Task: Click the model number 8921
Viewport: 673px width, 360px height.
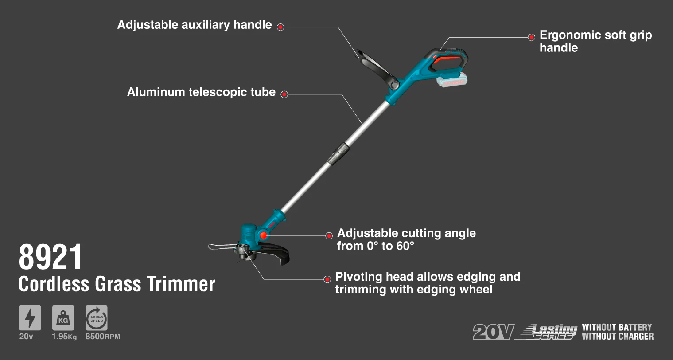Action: (50, 257)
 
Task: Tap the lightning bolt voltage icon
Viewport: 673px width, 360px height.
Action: (30, 318)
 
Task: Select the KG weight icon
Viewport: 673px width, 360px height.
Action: (63, 318)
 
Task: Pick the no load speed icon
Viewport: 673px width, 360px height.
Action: (97, 318)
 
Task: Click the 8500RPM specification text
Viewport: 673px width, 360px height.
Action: (103, 337)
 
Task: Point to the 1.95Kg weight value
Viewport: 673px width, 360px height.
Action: (64, 337)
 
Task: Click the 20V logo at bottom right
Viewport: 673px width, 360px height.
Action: (494, 332)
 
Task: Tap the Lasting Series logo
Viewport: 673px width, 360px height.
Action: (547, 332)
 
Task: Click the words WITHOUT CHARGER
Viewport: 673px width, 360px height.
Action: (618, 336)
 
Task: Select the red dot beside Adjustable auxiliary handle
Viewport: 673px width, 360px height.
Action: (280, 27)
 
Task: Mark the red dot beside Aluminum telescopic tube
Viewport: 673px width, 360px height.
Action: (284, 94)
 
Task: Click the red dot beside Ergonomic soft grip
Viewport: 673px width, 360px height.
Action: (532, 37)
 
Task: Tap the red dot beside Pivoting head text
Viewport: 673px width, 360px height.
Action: (327, 279)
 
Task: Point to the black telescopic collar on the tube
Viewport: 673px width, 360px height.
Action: (339, 153)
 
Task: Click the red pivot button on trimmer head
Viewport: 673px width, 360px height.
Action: (264, 235)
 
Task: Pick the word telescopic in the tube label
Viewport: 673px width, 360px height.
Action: (219, 92)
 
